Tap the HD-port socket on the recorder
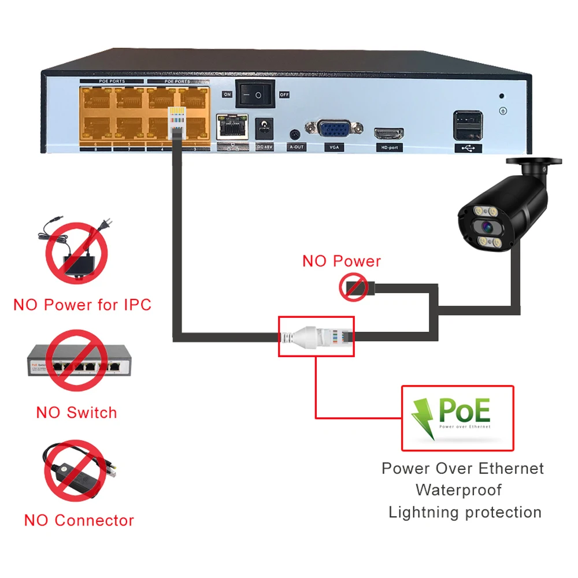pyautogui.click(x=389, y=134)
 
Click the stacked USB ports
pyautogui.click(x=468, y=125)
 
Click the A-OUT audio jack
pyautogui.click(x=295, y=134)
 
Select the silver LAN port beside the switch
pyautogui.click(x=233, y=127)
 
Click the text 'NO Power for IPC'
pyautogui.click(x=82, y=305)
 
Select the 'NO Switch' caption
pyautogui.click(x=76, y=413)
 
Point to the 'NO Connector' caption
pyautogui.click(x=79, y=520)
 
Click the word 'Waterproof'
pyautogui.click(x=459, y=490)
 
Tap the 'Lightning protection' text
pyautogui.click(x=465, y=512)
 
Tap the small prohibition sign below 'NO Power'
pyautogui.click(x=353, y=287)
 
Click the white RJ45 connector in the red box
pyautogui.click(x=315, y=335)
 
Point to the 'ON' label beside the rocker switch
pyautogui.click(x=227, y=94)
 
